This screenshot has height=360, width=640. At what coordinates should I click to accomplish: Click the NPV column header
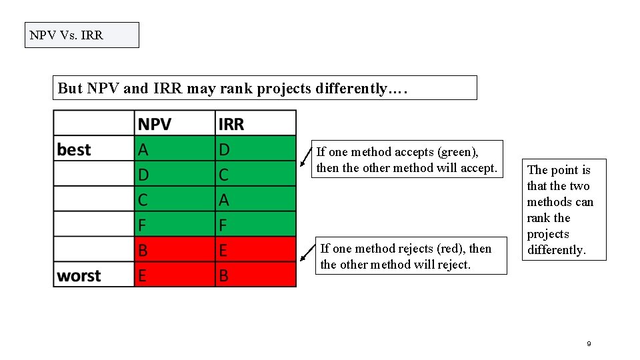(155, 124)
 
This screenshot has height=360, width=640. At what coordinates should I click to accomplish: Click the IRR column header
(231, 124)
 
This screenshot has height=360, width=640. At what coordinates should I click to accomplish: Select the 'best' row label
(74, 149)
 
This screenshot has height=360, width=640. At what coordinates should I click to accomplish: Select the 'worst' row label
(79, 275)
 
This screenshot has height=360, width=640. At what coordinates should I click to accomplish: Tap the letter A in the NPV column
(143, 149)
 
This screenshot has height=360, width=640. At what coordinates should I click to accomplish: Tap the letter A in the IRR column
(224, 199)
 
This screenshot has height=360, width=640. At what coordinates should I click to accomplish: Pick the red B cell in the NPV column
(143, 250)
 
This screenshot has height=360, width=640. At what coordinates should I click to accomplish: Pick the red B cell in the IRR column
(224, 275)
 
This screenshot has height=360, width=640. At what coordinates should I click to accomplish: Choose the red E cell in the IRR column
(224, 250)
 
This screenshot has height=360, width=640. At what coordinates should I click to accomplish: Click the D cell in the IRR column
(225, 149)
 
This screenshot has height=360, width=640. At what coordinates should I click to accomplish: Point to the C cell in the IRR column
(224, 175)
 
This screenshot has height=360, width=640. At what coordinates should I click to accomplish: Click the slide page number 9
(589, 343)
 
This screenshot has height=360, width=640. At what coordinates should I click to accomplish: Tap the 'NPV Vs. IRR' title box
(81, 35)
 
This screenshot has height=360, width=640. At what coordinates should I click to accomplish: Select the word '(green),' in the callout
(457, 152)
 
